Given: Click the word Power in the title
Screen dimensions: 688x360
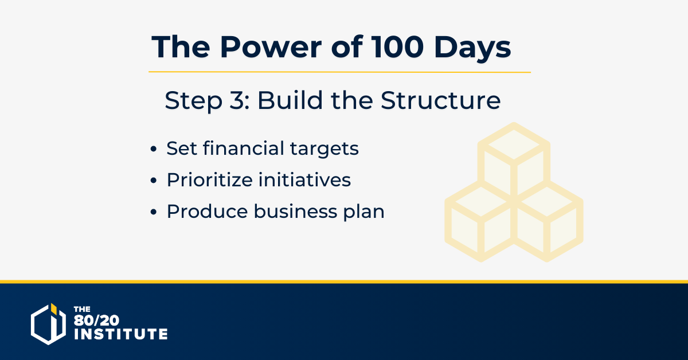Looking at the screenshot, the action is point(271,47).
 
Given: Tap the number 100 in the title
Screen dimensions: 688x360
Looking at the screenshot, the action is point(397,47).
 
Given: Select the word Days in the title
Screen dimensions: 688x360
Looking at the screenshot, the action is point(472,49).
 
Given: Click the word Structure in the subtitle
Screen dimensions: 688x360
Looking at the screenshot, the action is point(441,100).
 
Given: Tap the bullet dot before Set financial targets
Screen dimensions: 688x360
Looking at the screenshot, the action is point(154,149).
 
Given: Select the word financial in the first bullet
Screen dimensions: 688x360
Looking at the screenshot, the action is point(244,148).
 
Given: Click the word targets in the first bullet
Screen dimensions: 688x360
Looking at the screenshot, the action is point(325,150).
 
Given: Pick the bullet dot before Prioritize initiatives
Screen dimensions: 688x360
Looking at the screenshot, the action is point(154,181).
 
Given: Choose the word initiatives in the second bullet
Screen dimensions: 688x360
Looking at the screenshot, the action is point(304,179).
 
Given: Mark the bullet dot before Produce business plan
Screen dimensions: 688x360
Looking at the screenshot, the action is point(154,212).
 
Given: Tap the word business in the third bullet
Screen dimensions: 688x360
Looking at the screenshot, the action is point(295,211).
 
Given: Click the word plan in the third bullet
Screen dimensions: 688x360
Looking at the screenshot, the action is point(363,213).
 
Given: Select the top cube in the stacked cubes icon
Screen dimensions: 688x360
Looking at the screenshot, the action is point(514,159).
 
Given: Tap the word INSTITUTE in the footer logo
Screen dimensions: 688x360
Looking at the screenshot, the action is point(121,334).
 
